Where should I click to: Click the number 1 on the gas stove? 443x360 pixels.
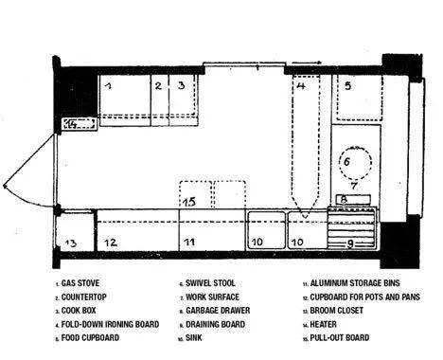pyautogui.click(x=109, y=85)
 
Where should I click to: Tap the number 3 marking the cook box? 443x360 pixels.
pyautogui.click(x=181, y=85)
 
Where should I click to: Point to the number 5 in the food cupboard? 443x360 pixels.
pyautogui.click(x=347, y=85)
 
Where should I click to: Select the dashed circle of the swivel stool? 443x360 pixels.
pyautogui.click(x=356, y=163)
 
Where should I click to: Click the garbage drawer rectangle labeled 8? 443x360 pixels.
pyautogui.click(x=353, y=199)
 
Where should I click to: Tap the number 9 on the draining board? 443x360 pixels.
pyautogui.click(x=350, y=243)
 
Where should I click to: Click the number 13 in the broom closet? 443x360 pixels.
pyautogui.click(x=71, y=243)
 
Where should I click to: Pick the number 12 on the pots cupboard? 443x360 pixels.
pyautogui.click(x=111, y=243)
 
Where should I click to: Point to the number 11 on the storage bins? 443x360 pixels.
pyautogui.click(x=189, y=243)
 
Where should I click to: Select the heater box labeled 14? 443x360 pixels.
pyautogui.click(x=80, y=123)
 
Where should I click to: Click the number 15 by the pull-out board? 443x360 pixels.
pyautogui.click(x=189, y=202)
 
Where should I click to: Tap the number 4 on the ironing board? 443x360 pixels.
pyautogui.click(x=301, y=85)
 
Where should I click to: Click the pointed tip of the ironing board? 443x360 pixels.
pyautogui.click(x=305, y=218)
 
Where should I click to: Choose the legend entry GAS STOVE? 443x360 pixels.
pyautogui.click(x=80, y=283)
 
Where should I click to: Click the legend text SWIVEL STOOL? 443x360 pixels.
pyautogui.click(x=210, y=283)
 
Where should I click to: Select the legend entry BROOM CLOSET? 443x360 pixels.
pyautogui.click(x=337, y=311)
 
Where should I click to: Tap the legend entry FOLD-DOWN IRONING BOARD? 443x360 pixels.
pyautogui.click(x=110, y=324)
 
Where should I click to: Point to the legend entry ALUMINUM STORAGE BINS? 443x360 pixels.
pyautogui.click(x=355, y=283)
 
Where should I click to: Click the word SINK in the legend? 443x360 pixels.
pyautogui.click(x=194, y=338)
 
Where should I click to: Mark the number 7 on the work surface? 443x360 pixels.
pyautogui.click(x=354, y=186)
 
